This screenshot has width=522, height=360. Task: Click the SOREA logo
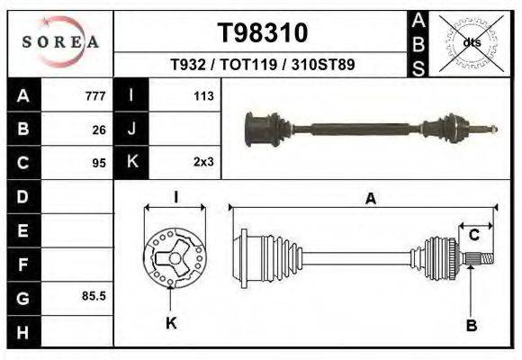point(60,41)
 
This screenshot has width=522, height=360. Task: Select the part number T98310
point(263,33)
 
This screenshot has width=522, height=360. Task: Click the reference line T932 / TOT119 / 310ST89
point(263,66)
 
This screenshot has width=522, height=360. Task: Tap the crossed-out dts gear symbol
point(470,41)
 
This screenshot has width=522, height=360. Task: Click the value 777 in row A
point(95,95)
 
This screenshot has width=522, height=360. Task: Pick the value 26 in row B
point(99,129)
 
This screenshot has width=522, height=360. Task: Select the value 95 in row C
point(99,163)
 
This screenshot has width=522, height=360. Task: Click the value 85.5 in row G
point(94,295)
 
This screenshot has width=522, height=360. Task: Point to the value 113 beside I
point(202,95)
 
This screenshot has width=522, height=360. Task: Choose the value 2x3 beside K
point(202,163)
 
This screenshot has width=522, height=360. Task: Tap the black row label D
point(23,196)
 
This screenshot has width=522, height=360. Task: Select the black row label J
point(131,129)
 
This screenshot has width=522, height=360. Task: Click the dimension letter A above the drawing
point(370,200)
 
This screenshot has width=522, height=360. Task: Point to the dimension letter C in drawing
point(473,235)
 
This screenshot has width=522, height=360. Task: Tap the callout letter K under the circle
point(171,323)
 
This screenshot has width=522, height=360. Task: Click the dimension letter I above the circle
point(176,197)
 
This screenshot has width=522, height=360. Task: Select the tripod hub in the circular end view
point(171,260)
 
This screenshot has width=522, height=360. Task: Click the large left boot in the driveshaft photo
point(263,129)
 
